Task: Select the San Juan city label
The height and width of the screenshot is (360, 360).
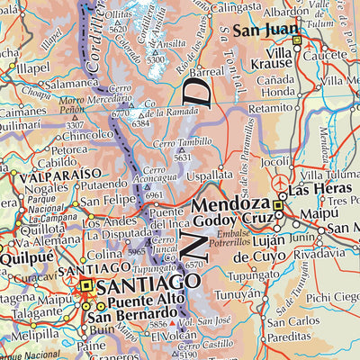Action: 265,31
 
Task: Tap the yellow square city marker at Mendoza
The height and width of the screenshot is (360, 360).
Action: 279,206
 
